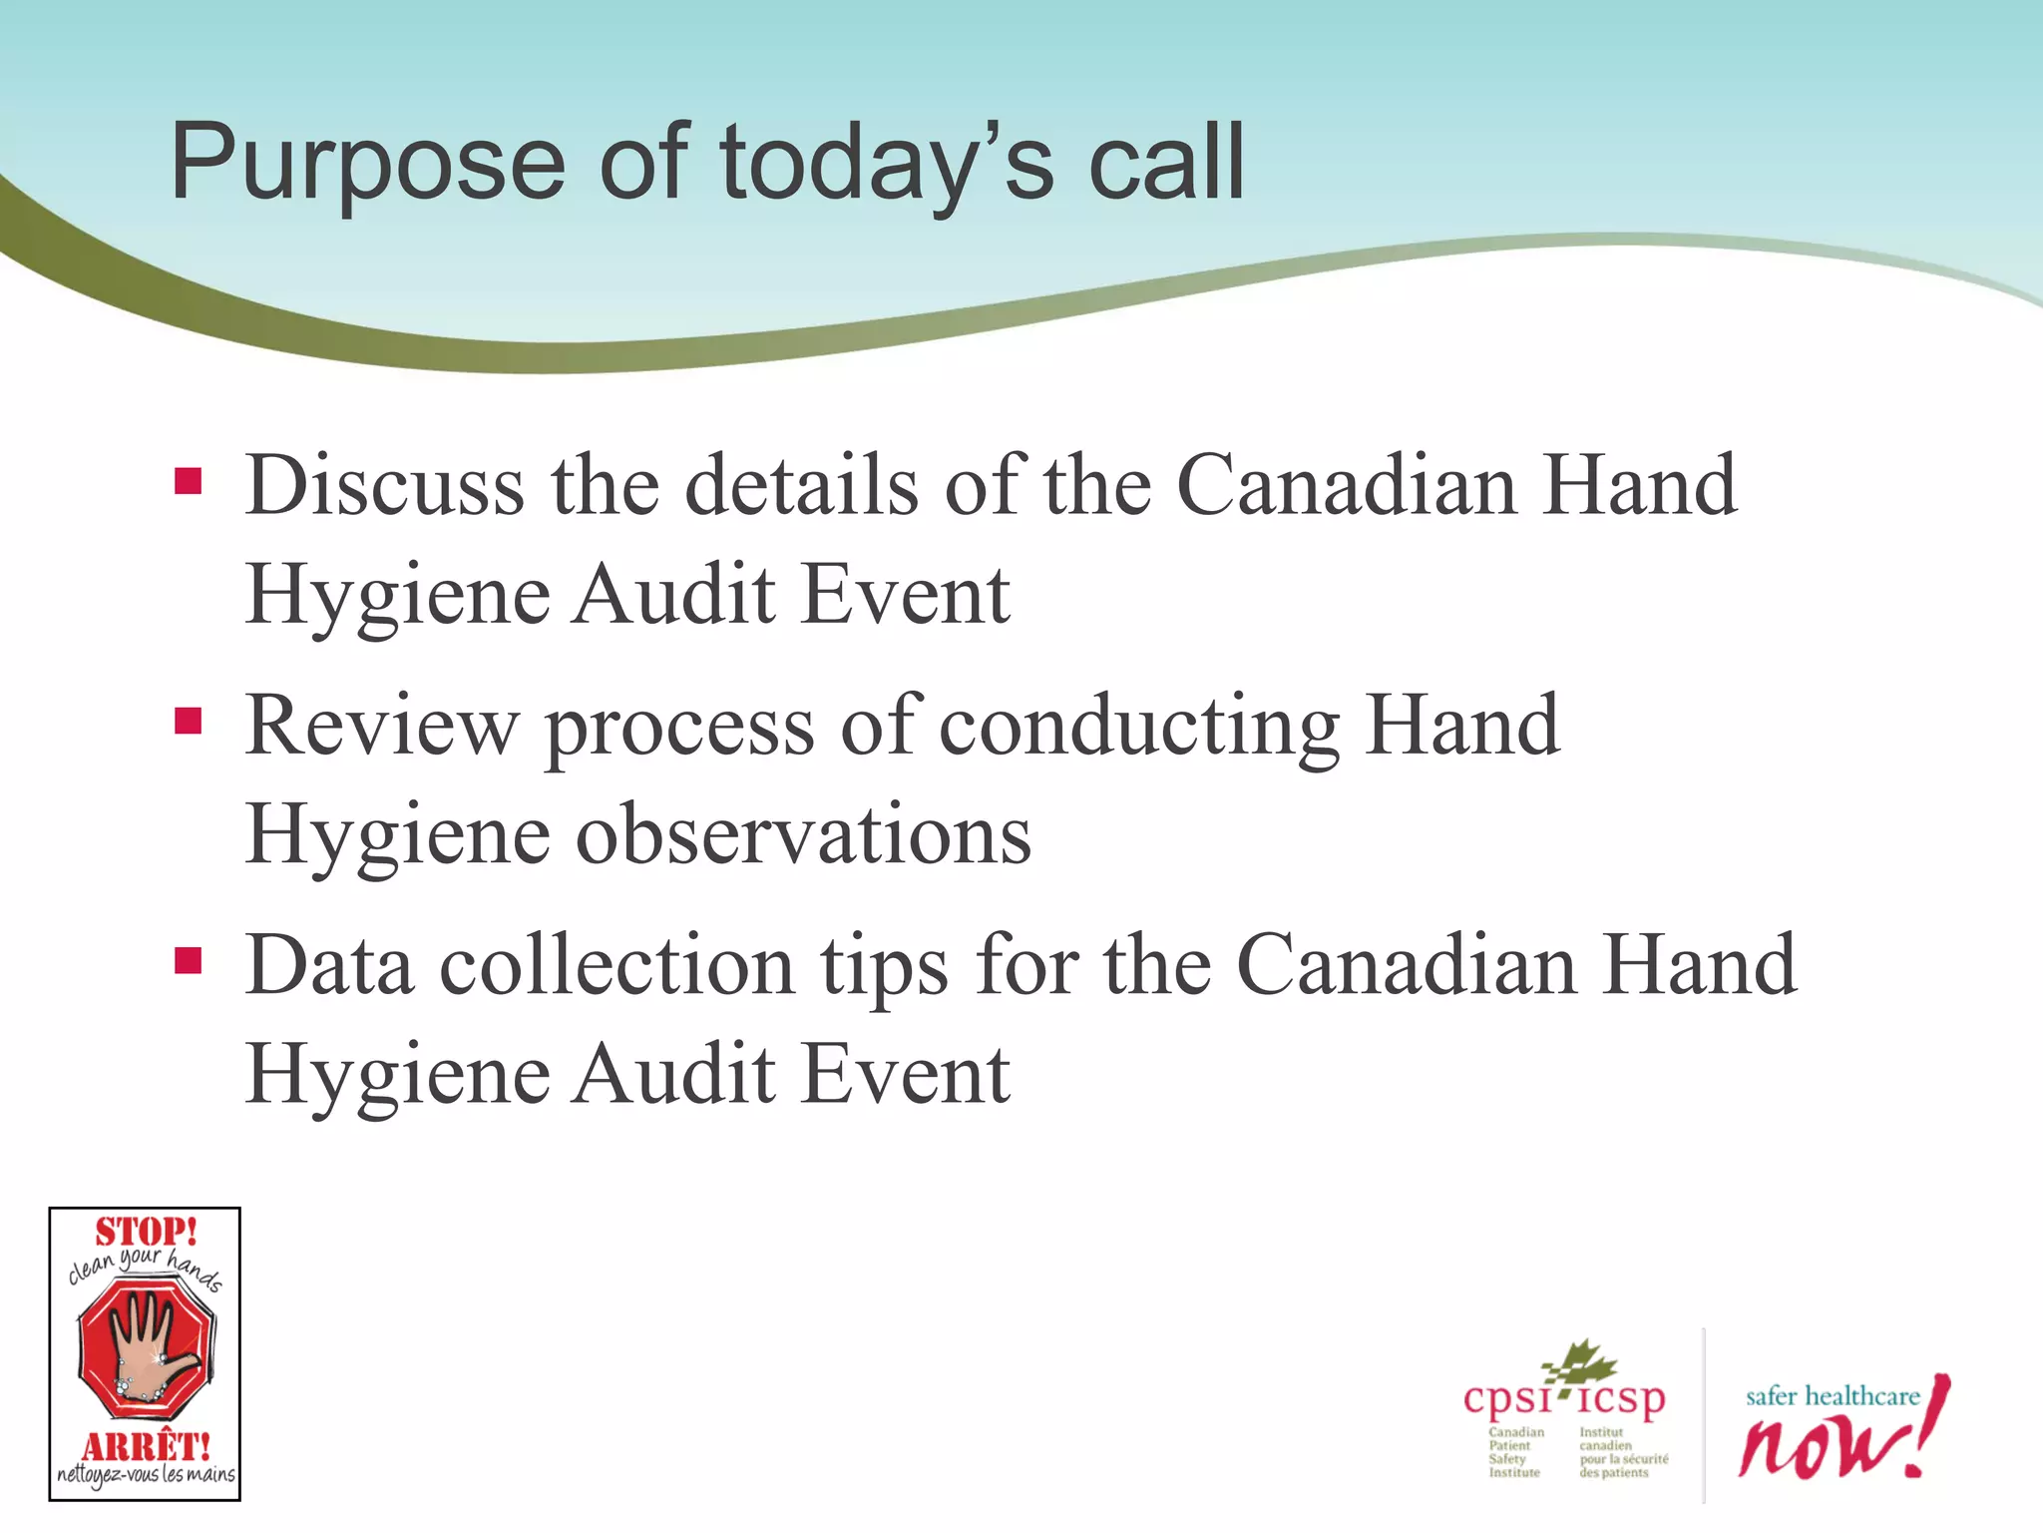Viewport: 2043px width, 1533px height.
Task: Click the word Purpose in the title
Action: click(x=367, y=163)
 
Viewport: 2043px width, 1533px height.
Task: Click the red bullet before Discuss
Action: click(x=188, y=482)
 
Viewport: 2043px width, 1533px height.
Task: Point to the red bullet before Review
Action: click(x=188, y=721)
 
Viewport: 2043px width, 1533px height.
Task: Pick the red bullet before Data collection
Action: click(x=188, y=961)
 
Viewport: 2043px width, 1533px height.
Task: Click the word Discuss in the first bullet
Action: click(x=384, y=485)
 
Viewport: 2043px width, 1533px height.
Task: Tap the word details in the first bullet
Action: click(x=801, y=485)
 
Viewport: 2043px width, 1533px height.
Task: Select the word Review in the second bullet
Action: click(x=382, y=726)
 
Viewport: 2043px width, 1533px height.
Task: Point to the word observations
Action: click(x=803, y=835)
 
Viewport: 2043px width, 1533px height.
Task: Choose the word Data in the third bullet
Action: click(x=329, y=965)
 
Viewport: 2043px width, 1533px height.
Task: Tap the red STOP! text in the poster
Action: click(x=146, y=1232)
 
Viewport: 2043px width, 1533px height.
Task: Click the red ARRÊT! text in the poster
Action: click(x=146, y=1447)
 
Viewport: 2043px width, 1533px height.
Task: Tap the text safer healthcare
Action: click(x=1832, y=1396)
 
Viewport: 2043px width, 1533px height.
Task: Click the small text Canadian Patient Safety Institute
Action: click(x=1514, y=1452)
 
